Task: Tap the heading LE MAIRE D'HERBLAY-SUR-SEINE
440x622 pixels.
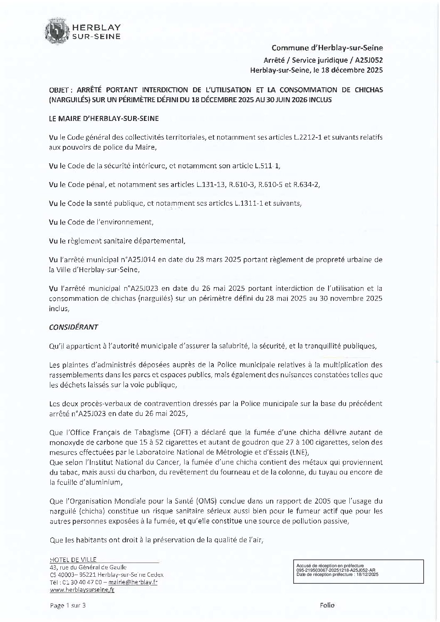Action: pos(104,118)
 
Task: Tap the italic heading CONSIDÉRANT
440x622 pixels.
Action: pos(73,327)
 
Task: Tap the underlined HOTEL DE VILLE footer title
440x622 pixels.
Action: pos(73,560)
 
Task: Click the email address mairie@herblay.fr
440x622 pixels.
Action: pos(133,583)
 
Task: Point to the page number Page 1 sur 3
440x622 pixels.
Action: pos(67,605)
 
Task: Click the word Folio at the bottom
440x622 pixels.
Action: pos(327,605)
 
